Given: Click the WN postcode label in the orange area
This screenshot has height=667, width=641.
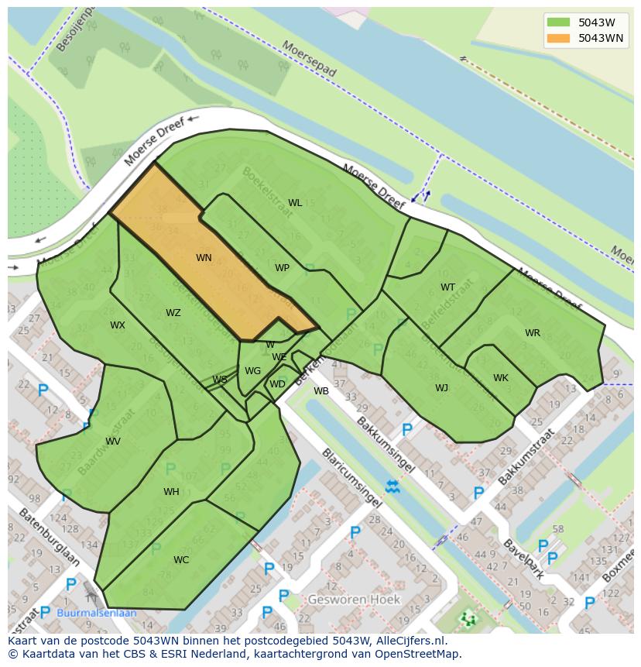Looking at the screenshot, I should coord(204,258).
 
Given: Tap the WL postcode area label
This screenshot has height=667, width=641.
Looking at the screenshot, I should coord(295,203).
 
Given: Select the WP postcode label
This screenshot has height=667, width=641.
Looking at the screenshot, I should coord(282,268).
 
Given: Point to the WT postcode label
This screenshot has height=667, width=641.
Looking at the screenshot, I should coord(447,287).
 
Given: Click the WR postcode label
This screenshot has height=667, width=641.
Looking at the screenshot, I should coord(533,333).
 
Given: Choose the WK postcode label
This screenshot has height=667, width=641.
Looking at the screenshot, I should coord(501,378).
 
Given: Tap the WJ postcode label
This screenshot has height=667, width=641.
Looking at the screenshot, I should coord(441,388).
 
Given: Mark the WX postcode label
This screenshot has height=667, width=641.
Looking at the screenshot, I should coord(117,325).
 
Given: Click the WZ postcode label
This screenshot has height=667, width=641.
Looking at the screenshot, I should coord(173,313).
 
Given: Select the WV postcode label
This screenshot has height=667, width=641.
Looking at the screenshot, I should coord(113,442).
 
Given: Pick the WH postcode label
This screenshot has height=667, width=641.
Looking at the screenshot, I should coord(171,492).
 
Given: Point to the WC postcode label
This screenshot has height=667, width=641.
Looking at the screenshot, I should coord(181,560).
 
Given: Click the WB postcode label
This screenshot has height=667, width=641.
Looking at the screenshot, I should coord(321,391).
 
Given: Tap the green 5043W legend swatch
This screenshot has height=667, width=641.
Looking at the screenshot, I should coord(557,22).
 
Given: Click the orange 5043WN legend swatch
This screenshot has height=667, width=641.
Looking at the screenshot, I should coord(557,38).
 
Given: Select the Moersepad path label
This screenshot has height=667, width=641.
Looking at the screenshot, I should coord(310,59).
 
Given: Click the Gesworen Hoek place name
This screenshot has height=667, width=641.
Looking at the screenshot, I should coord(354,600).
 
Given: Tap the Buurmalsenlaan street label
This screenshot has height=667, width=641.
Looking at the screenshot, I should coord(97,613).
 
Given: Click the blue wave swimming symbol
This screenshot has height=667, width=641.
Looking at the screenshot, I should coord(392,486).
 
